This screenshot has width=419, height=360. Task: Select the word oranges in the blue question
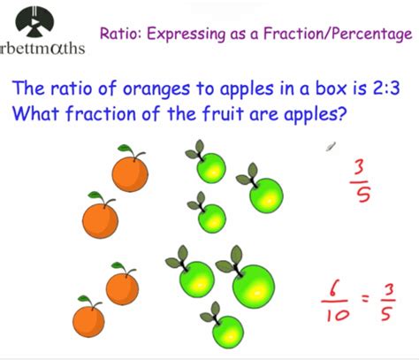156,89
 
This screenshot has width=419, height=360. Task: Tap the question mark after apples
341,113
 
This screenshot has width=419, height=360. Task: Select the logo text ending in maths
42,49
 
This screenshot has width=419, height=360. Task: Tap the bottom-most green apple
228,332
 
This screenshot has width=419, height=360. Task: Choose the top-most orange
130,174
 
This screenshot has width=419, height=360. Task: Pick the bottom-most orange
88,321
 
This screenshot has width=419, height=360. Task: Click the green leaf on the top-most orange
125,149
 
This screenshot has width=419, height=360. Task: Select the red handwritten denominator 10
338,315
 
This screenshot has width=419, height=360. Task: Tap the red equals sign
365,299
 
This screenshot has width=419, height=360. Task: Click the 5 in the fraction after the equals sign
386,314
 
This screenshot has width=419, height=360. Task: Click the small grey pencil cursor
331,147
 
